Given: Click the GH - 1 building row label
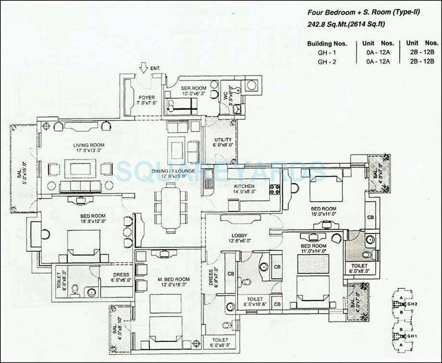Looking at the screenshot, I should pos(323,53).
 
